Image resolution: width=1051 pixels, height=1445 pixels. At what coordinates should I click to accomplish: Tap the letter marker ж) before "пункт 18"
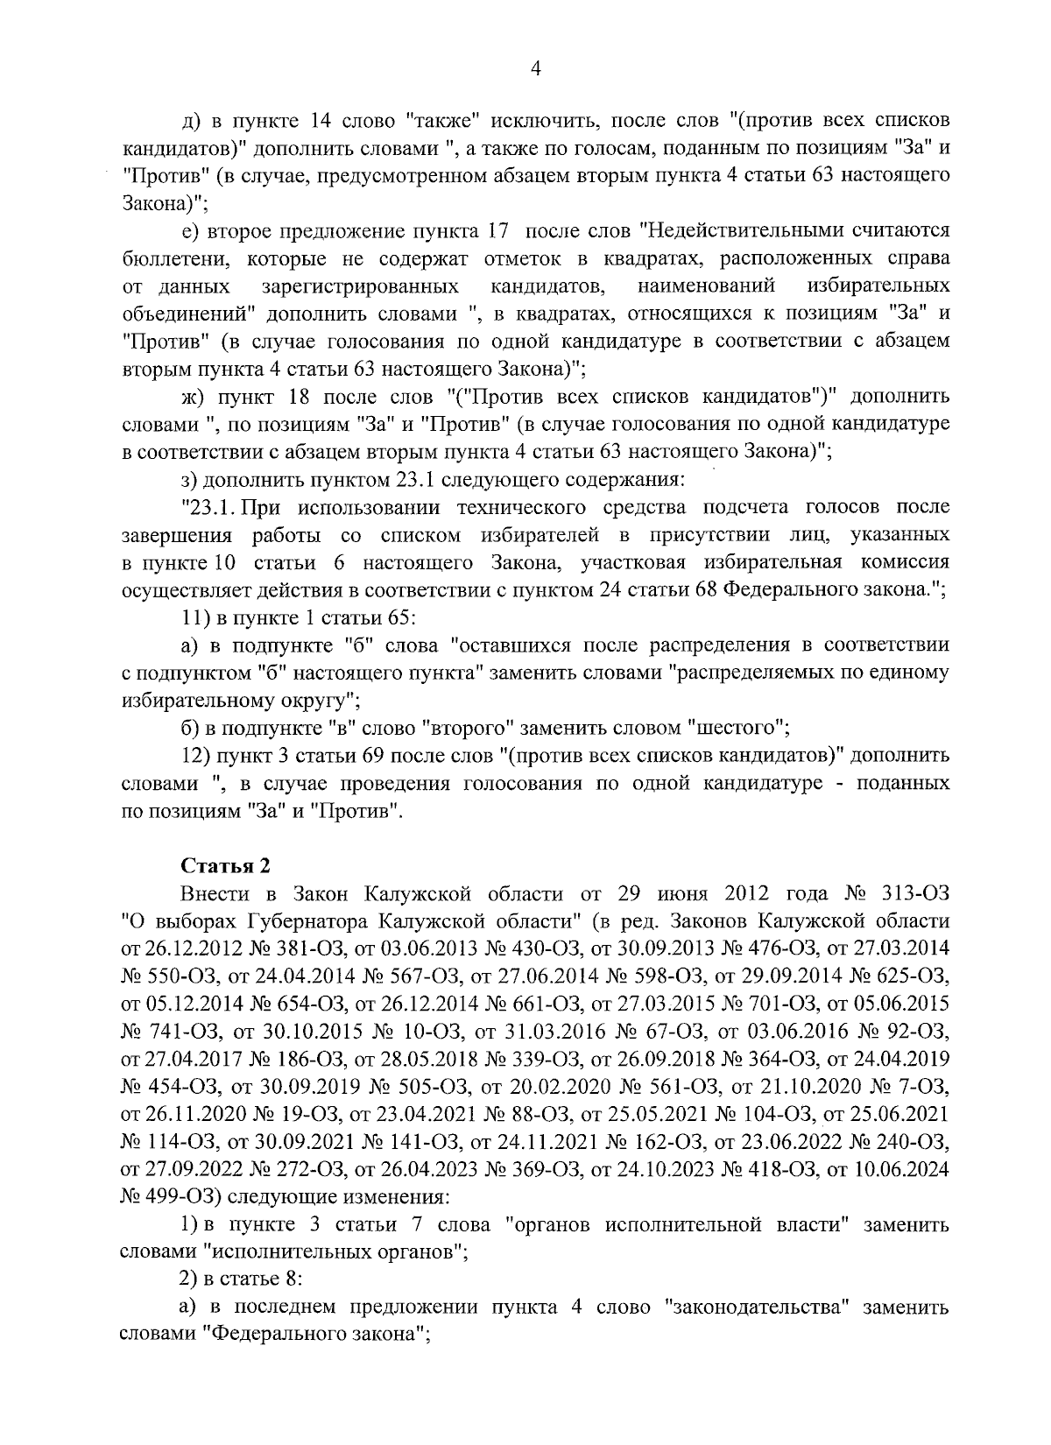point(192,398)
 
